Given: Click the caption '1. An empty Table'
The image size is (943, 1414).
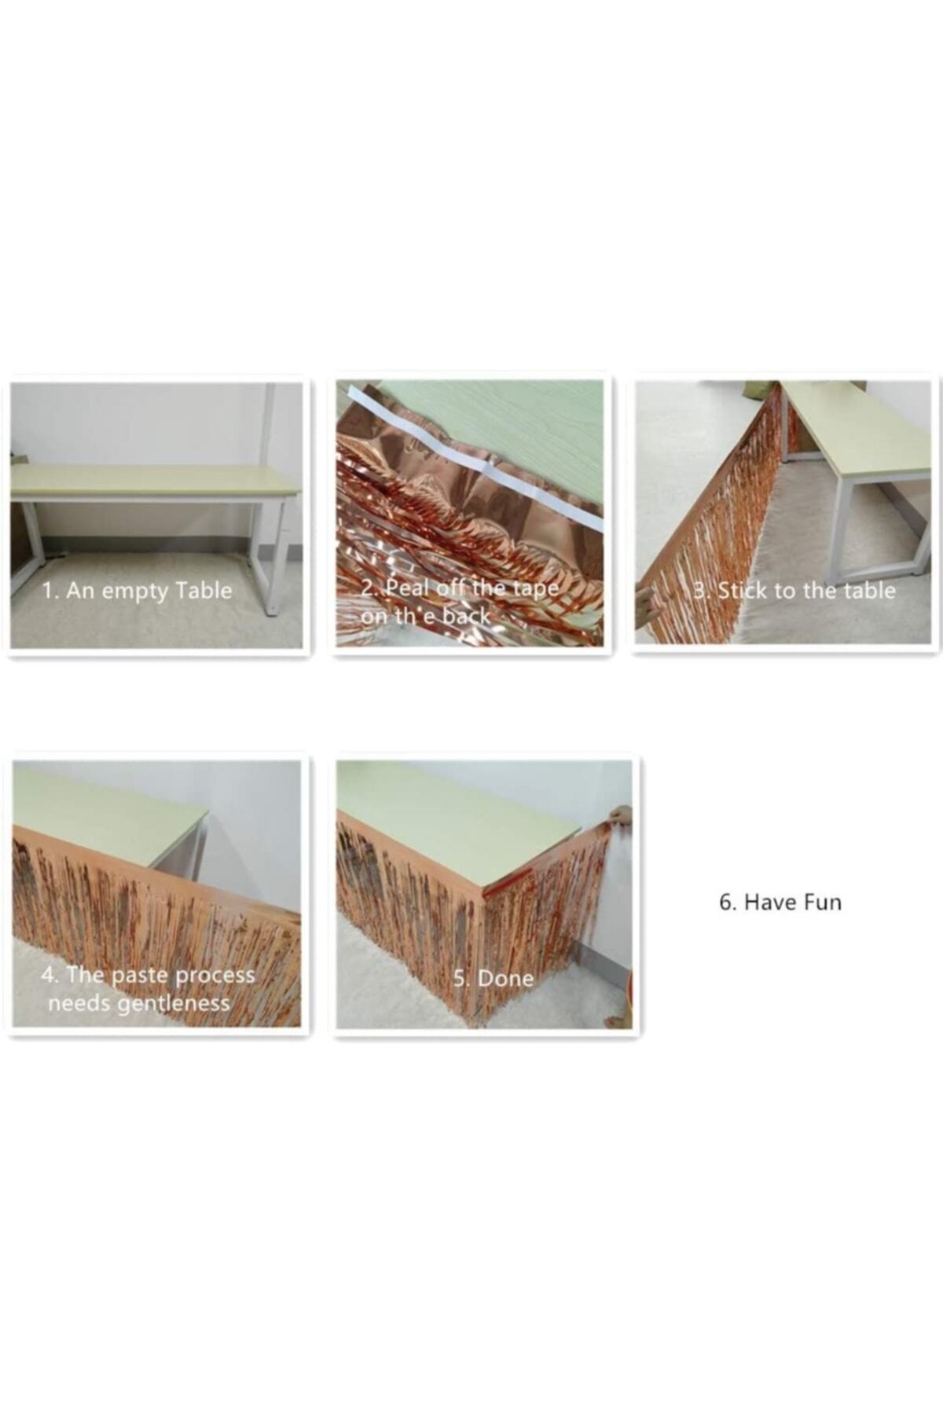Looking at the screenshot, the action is [x=138, y=590].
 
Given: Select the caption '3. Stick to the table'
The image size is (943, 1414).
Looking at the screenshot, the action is [x=794, y=591].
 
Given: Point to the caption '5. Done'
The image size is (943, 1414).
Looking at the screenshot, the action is [x=494, y=978].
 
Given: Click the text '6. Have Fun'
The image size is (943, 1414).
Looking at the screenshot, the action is [x=780, y=902].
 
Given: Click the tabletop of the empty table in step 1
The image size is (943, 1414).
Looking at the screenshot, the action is [x=155, y=479].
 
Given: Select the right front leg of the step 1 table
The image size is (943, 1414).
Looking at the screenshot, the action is [x=277, y=554].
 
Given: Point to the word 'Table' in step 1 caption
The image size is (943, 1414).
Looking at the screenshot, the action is [x=204, y=590].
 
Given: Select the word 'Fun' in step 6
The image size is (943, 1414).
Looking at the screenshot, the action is [x=822, y=902].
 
